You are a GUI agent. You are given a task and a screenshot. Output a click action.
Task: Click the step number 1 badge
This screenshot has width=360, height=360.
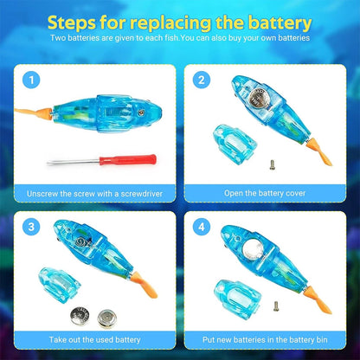point(33,83)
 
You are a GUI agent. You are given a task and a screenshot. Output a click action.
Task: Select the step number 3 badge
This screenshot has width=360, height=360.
point(33,229)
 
